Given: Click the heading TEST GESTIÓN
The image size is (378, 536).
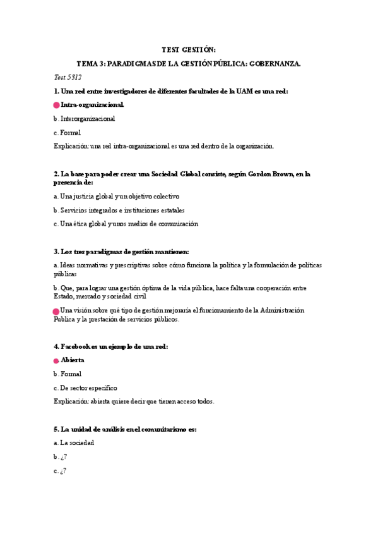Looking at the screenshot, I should point(189,49).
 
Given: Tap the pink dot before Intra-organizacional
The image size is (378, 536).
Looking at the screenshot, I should point(57,106).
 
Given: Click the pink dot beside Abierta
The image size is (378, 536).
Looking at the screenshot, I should point(57,360).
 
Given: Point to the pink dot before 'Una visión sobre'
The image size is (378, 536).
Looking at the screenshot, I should point(57,311).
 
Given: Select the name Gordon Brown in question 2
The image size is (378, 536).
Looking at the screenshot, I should point(269,174).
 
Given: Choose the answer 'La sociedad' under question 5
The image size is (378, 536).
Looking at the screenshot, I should point(77,443).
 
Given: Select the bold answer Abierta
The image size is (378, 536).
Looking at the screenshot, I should point(73,360).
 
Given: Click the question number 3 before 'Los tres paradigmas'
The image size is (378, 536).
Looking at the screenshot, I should point(56,252).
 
